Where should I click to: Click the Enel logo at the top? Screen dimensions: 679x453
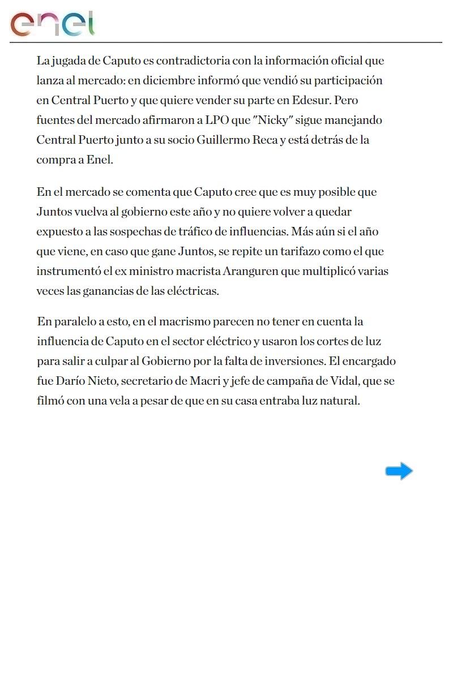coord(52,24)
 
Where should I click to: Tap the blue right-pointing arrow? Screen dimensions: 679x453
coord(399,471)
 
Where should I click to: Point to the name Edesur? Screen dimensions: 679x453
coord(311,100)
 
